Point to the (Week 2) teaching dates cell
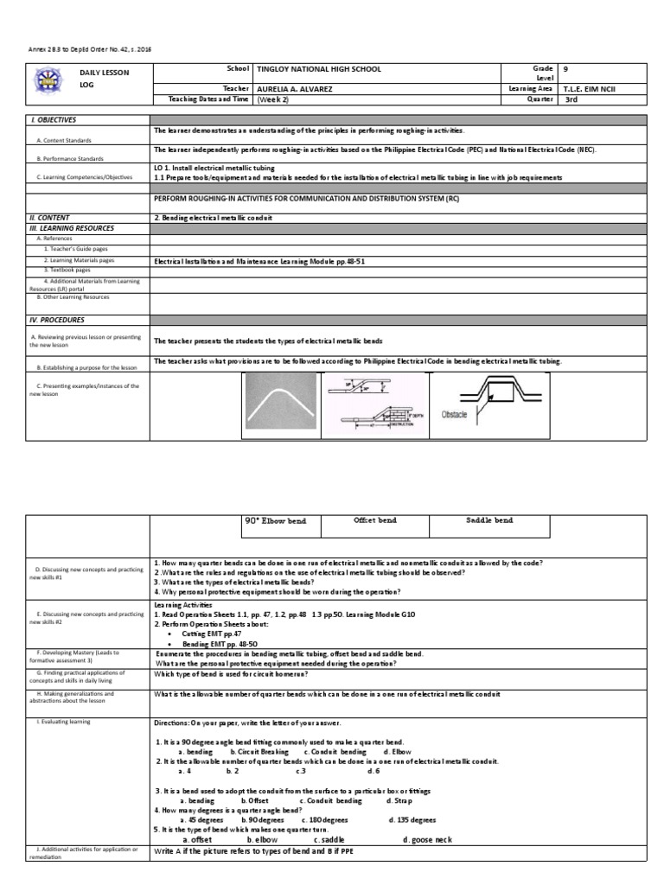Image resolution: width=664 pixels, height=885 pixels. point(273,99)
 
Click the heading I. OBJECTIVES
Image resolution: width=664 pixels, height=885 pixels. point(53,120)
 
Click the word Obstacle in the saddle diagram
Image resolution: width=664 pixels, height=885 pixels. point(454,415)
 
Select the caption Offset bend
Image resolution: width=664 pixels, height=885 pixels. point(375,520)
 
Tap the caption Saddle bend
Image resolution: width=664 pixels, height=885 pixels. point(489,520)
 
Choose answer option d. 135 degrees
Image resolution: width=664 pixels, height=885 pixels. point(413,819)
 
